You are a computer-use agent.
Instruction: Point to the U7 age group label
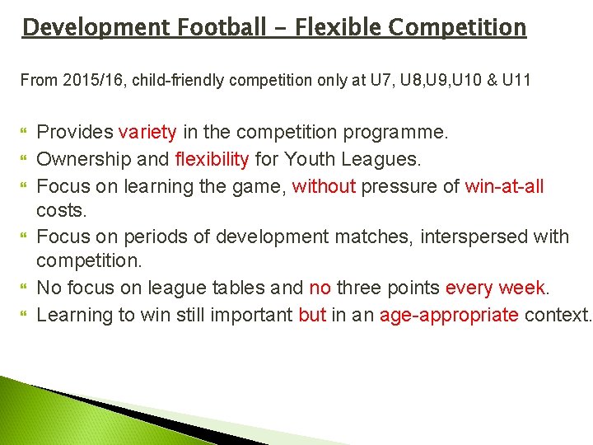381,81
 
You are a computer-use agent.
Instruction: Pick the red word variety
147,132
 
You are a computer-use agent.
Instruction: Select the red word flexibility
212,158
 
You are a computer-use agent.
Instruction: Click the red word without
323,185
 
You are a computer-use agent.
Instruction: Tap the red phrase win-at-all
504,185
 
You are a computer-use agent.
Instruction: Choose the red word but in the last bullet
312,315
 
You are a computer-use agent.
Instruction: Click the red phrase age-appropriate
449,315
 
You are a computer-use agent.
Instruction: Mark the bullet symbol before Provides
24,133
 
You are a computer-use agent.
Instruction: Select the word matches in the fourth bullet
373,237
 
